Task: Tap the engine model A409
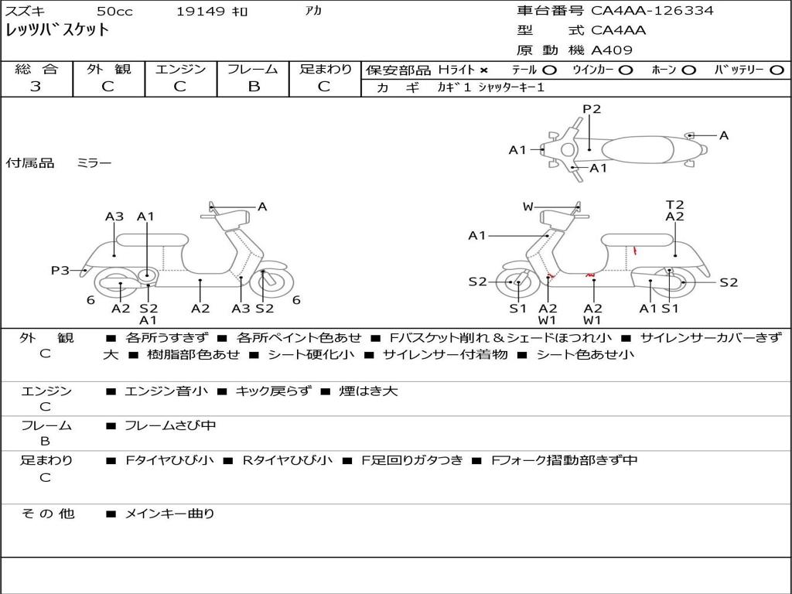(612, 50)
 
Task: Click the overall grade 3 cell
(36, 87)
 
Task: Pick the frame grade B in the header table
(254, 87)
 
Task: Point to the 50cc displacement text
(114, 12)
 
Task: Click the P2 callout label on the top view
(592, 109)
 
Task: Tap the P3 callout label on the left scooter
(60, 270)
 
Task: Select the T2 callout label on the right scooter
(674, 204)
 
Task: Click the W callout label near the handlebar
(528, 207)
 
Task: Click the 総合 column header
(36, 69)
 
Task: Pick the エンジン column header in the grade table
(180, 69)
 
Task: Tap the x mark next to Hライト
(484, 70)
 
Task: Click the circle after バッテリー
(777, 70)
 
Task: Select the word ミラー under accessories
(94, 163)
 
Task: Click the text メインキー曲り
(169, 513)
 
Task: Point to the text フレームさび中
(170, 425)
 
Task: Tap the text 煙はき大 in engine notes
(368, 391)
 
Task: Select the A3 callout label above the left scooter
(114, 217)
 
